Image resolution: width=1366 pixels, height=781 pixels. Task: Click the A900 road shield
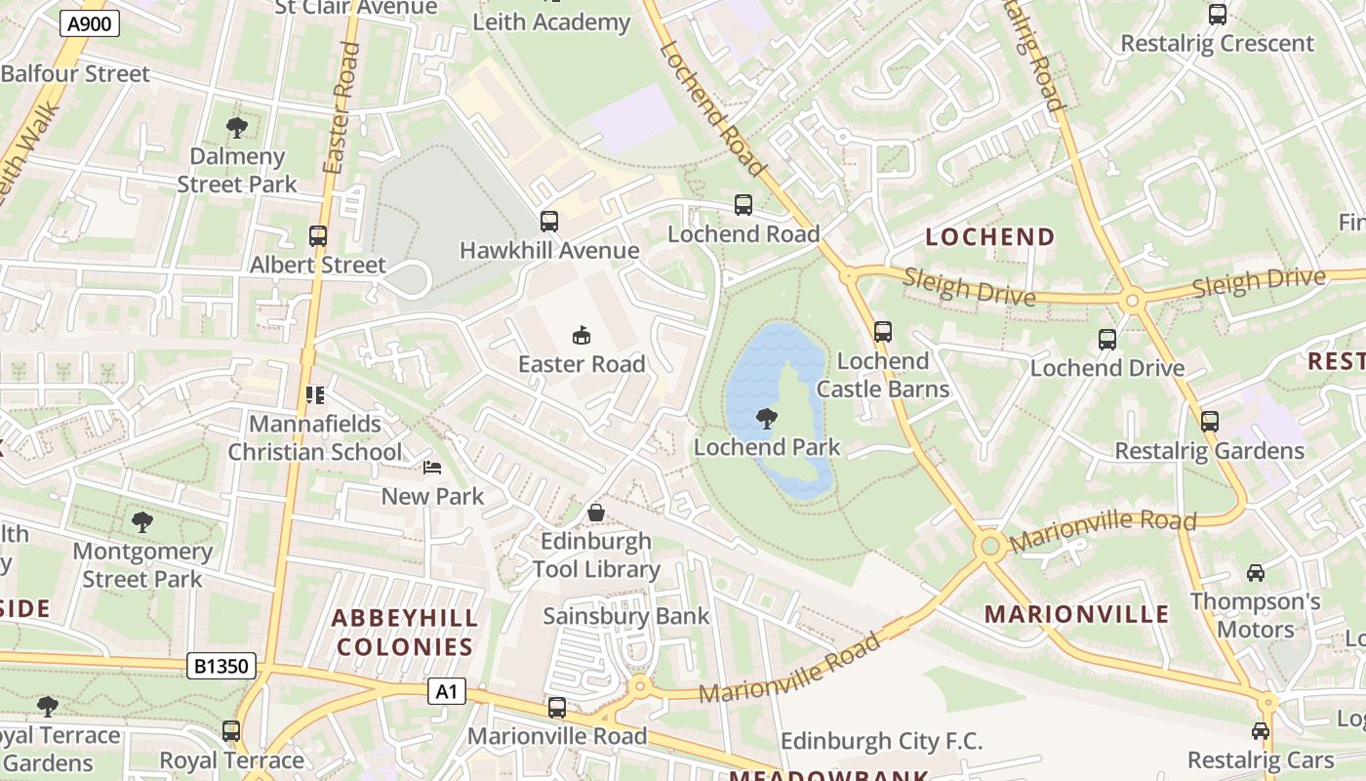coord(89,23)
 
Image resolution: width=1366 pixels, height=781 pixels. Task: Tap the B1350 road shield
coord(222,667)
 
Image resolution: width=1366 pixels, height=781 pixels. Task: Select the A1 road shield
coord(446,692)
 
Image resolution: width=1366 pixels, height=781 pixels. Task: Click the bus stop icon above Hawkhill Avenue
coord(549,222)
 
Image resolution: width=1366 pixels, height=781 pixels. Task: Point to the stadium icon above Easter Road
coord(582,335)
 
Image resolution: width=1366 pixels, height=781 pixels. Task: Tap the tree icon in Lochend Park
coord(767,419)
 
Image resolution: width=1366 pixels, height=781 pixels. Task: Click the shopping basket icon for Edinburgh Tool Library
coord(595,513)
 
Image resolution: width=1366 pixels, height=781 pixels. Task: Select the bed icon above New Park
coord(432,468)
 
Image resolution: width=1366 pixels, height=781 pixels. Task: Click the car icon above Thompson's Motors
coord(1256,573)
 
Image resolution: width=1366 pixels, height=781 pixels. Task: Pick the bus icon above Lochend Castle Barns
coord(883,332)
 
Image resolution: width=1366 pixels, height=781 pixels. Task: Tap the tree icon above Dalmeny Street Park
coord(236,127)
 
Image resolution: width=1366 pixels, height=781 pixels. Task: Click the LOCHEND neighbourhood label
coord(989,237)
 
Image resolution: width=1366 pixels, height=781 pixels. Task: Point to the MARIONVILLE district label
coord(1076,614)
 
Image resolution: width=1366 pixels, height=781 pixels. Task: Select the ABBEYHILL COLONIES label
coord(404,632)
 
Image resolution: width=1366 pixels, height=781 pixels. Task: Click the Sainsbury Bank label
coord(626,616)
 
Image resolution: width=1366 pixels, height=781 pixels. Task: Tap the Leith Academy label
coord(551,21)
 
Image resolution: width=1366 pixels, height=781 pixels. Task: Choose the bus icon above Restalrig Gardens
coord(1210,422)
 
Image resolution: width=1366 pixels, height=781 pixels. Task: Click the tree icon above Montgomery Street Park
coord(142,522)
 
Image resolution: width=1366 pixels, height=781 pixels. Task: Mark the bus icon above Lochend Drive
coord(1107,340)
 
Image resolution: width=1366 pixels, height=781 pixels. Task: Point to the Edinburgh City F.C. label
coord(881,741)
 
